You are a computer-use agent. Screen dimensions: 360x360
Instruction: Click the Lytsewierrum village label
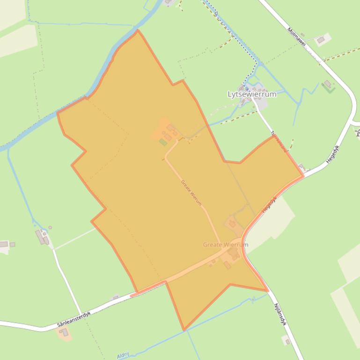[251, 94]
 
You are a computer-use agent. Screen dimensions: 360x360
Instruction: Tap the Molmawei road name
[297, 37]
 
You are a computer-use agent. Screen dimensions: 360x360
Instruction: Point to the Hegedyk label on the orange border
[270, 205]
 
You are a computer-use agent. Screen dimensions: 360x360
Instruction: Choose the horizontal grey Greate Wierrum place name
[226, 245]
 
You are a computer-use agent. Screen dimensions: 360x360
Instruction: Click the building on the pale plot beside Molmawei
[321, 40]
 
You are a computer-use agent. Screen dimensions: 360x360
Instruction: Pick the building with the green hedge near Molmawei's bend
[328, 85]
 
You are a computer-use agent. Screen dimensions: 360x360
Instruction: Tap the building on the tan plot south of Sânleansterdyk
[64, 332]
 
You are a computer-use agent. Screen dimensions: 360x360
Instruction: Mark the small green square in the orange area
[163, 142]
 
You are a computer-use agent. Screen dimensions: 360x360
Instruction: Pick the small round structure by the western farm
[50, 228]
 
